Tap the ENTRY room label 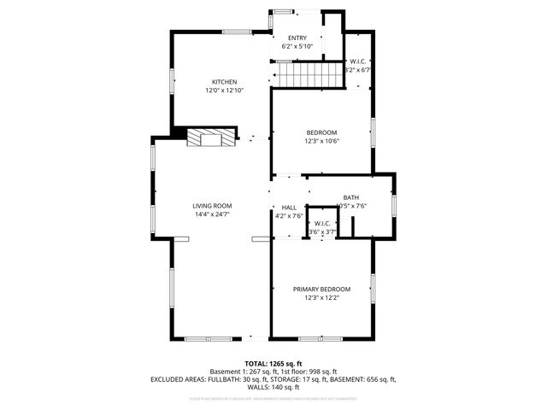297,38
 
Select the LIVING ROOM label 212,206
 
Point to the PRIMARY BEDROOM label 321,290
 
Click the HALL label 289,208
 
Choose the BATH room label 351,197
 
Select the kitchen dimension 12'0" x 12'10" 219,90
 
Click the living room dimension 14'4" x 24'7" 212,214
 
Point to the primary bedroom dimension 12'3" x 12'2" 321,298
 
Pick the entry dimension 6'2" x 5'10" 297,46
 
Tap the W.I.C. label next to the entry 358,62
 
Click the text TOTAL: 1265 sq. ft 273,363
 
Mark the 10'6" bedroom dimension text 322,141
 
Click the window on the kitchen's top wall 238,32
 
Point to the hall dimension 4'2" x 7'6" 289,215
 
